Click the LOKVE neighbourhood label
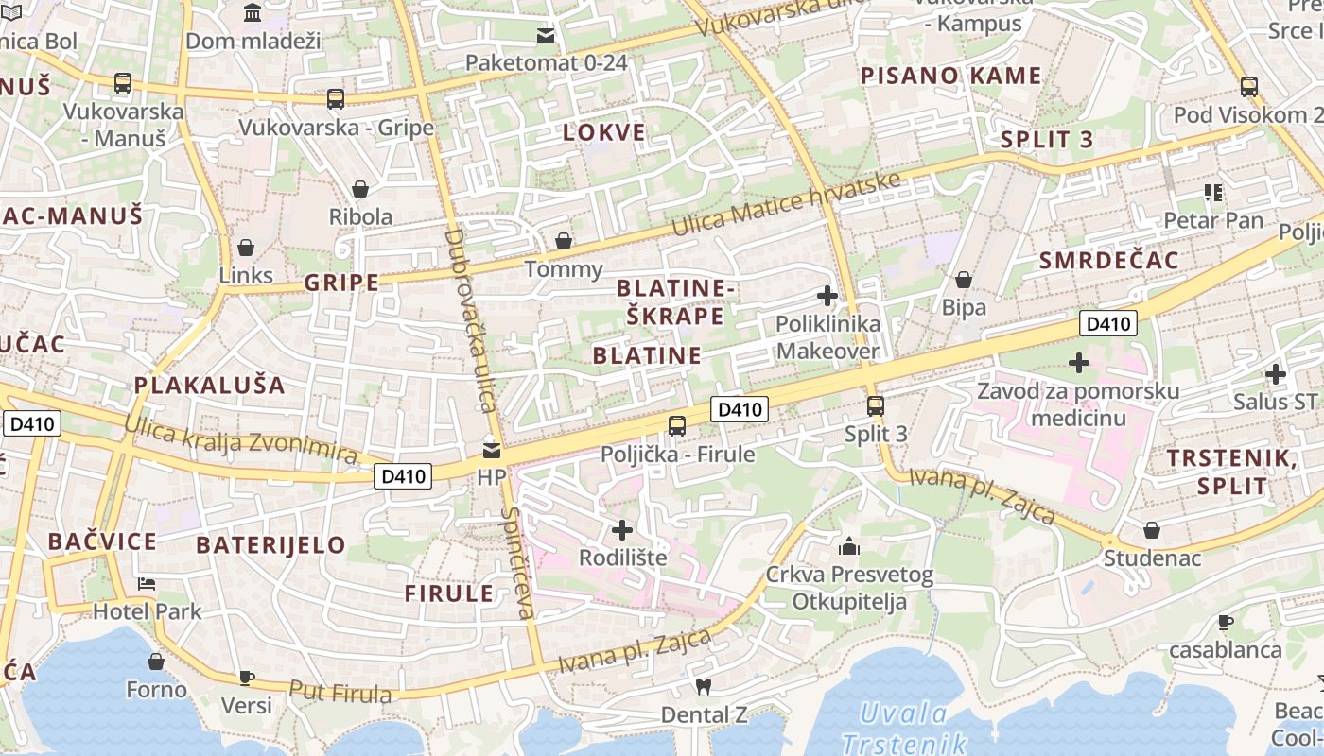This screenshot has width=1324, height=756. pyautogui.click(x=604, y=132)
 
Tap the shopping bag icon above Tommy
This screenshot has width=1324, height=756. pyautogui.click(x=564, y=241)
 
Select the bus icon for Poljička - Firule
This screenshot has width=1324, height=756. pyautogui.click(x=677, y=425)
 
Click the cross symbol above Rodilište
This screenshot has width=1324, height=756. pyautogui.click(x=622, y=529)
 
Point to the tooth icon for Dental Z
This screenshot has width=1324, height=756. pyautogui.click(x=703, y=686)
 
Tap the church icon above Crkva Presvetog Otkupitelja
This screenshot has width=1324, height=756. pyautogui.click(x=848, y=546)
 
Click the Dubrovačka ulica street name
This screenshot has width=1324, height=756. pyautogui.click(x=470, y=320)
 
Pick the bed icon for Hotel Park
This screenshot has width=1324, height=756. pyautogui.click(x=147, y=583)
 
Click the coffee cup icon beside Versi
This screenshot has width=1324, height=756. pyautogui.click(x=246, y=677)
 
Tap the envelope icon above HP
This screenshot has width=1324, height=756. pyautogui.click(x=492, y=450)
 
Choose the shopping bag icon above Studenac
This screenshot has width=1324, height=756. pyautogui.click(x=1151, y=530)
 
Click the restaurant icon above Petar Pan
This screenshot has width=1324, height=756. pyautogui.click(x=1213, y=193)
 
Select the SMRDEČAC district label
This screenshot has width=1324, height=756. pyautogui.click(x=1108, y=261)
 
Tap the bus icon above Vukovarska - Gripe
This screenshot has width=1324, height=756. pyautogui.click(x=335, y=99)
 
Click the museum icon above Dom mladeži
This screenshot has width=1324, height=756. pyautogui.click(x=253, y=13)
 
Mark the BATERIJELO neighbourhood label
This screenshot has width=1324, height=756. pyautogui.click(x=270, y=545)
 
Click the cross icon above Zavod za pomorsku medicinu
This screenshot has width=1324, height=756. pyautogui.click(x=1078, y=363)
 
